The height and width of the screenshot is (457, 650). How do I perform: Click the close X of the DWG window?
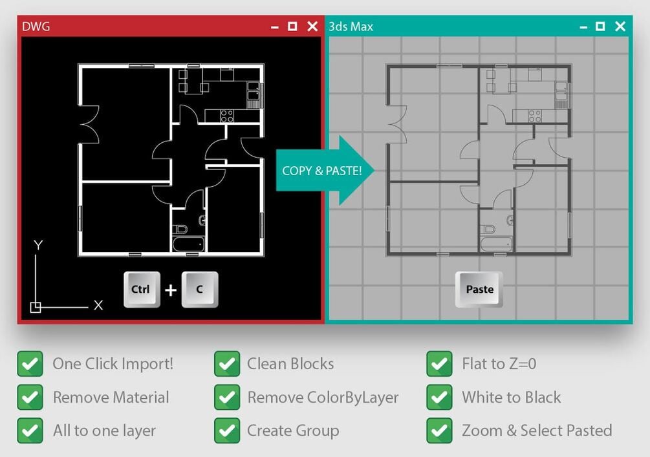pyautogui.click(x=312, y=27)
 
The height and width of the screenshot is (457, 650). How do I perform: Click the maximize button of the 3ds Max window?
pyautogui.click(x=600, y=27)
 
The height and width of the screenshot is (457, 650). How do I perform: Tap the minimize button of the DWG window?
pyautogui.click(x=274, y=28)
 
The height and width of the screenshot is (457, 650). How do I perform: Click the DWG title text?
pyautogui.click(x=36, y=27)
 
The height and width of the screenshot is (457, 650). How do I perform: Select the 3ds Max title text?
pyautogui.click(x=351, y=27)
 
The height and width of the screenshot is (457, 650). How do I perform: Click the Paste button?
pyautogui.click(x=479, y=289)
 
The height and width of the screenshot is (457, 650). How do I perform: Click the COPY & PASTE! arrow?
pyautogui.click(x=325, y=170)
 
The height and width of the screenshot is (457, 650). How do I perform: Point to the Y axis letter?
pyautogui.click(x=38, y=245)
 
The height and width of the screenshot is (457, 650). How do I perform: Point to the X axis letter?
pyautogui.click(x=98, y=305)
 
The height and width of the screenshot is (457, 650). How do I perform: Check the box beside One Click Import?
pyautogui.click(x=30, y=364)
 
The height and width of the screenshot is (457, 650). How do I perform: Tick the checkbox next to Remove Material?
pyautogui.click(x=30, y=398)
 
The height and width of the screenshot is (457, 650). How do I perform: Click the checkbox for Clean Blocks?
pyautogui.click(x=227, y=364)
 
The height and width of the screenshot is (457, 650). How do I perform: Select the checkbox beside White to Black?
pyautogui.click(x=439, y=398)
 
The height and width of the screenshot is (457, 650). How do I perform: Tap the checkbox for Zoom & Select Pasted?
pyautogui.click(x=439, y=430)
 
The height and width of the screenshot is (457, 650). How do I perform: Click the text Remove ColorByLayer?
pyautogui.click(x=323, y=398)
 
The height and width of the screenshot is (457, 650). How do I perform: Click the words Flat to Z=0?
pyautogui.click(x=499, y=364)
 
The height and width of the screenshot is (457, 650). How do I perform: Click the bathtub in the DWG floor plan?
pyautogui.click(x=189, y=244)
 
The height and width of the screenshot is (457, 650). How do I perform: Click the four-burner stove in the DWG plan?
pyautogui.click(x=227, y=116)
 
